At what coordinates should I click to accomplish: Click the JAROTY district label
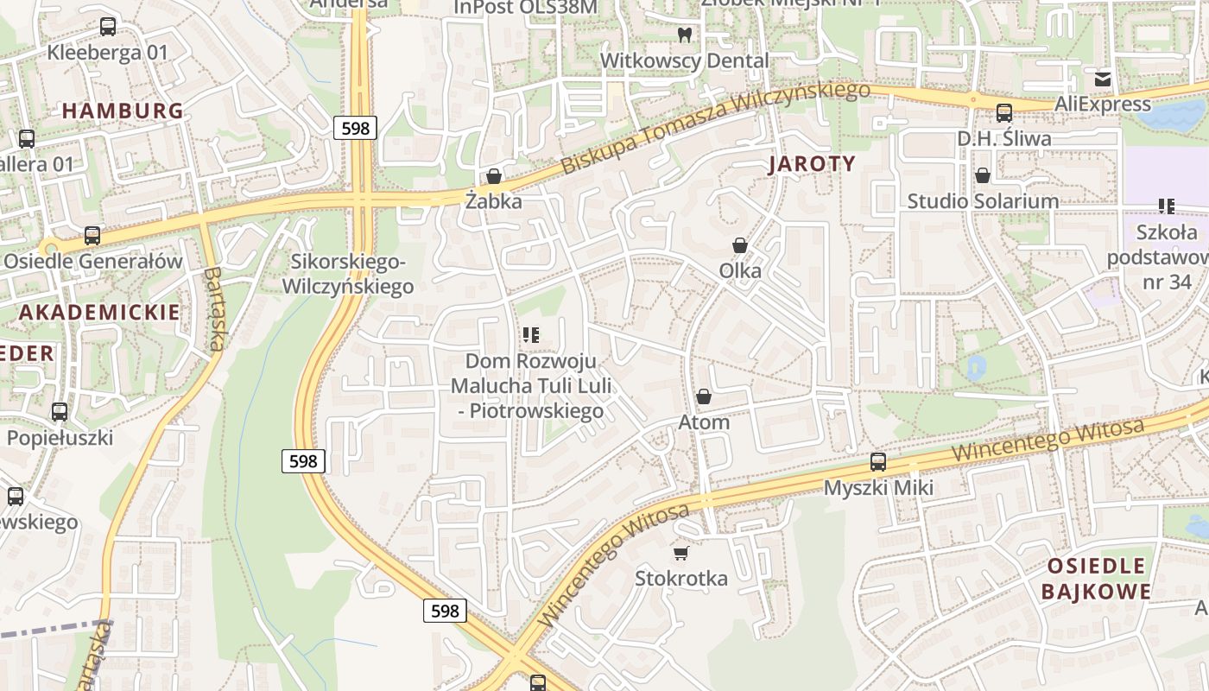pyautogui.click(x=812, y=164)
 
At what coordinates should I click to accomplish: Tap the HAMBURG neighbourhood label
pyautogui.click(x=123, y=111)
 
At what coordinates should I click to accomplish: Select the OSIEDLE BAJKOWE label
pyautogui.click(x=1096, y=579)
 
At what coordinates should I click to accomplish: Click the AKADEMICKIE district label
pyautogui.click(x=99, y=313)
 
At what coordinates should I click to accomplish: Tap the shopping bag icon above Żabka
pyautogui.click(x=494, y=176)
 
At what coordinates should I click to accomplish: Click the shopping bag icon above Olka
pyautogui.click(x=740, y=245)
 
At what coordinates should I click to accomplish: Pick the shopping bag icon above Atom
pyautogui.click(x=704, y=396)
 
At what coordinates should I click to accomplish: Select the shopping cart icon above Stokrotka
pyautogui.click(x=681, y=552)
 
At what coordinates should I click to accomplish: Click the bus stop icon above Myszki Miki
pyautogui.click(x=878, y=461)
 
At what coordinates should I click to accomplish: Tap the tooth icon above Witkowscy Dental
pyautogui.click(x=685, y=35)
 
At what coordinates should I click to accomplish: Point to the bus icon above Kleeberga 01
pyautogui.click(x=108, y=27)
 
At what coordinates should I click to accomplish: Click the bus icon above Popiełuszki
pyautogui.click(x=60, y=412)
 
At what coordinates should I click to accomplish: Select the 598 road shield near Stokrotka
pyautogui.click(x=445, y=611)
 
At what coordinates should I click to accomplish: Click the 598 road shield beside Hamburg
pyautogui.click(x=355, y=129)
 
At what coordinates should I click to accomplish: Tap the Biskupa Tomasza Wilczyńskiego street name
pyautogui.click(x=715, y=127)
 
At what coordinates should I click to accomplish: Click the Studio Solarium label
pyautogui.click(x=982, y=201)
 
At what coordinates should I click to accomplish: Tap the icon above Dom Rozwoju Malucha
pyautogui.click(x=531, y=334)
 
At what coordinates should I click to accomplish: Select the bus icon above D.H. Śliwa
pyautogui.click(x=1003, y=112)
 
